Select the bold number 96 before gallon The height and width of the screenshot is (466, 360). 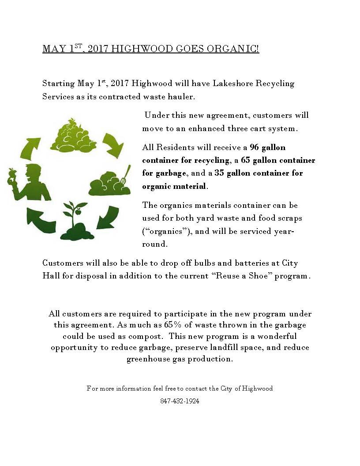point(255,147)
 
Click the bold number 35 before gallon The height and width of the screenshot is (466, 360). point(219,173)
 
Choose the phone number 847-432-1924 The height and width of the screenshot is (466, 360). point(180,402)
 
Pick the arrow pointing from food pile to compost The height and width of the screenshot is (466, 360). point(112,144)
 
